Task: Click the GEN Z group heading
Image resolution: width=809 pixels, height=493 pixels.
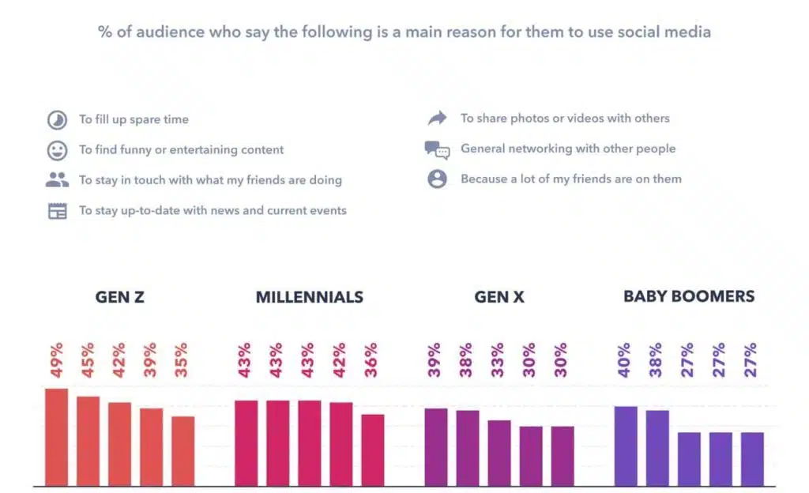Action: (x=120, y=298)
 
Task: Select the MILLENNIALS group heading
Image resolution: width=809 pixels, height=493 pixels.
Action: (x=310, y=298)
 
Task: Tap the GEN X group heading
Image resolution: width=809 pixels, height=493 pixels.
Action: (x=499, y=298)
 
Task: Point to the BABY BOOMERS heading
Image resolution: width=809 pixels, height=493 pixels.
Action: (x=689, y=297)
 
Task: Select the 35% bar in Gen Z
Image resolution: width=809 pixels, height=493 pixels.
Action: (x=183, y=451)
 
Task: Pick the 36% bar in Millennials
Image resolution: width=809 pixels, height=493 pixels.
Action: (x=373, y=450)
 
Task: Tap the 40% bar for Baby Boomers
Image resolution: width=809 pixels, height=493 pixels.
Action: (x=626, y=446)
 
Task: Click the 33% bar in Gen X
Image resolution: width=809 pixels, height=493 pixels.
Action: (x=499, y=453)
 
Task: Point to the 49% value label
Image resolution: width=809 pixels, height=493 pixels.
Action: (x=55, y=360)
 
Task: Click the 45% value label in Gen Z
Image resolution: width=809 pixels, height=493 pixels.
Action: (x=87, y=360)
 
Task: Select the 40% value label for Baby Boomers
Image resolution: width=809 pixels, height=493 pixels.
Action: (x=624, y=360)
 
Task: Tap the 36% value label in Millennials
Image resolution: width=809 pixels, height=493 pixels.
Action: (x=371, y=360)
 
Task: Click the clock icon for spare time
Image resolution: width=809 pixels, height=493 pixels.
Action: (x=57, y=120)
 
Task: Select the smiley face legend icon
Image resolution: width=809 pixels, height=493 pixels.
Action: (x=57, y=150)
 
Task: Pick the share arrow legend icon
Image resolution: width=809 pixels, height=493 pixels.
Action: (x=437, y=119)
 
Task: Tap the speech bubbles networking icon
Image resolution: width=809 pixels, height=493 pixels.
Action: (x=437, y=149)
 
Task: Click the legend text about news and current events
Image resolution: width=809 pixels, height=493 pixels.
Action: (x=213, y=210)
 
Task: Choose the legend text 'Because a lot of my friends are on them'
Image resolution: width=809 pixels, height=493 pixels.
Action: (x=570, y=179)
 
